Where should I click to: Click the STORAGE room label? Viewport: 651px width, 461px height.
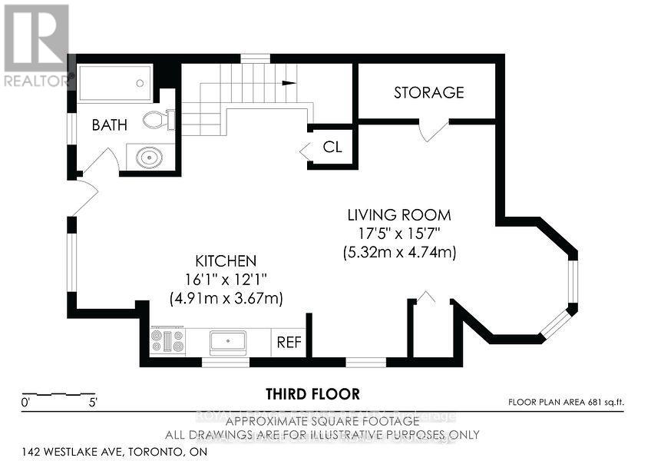pyautogui.click(x=428, y=93)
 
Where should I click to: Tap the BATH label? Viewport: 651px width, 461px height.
pyautogui.click(x=110, y=124)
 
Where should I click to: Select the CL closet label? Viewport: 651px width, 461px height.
pyautogui.click(x=332, y=147)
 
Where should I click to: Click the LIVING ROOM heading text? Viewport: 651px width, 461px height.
pyautogui.click(x=398, y=215)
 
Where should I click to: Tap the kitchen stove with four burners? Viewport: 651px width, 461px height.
pyautogui.click(x=167, y=341)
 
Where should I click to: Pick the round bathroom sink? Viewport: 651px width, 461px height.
pyautogui.click(x=147, y=158)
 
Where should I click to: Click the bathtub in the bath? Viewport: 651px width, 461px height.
pyautogui.click(x=115, y=83)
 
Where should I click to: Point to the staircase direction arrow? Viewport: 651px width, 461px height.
pyautogui.click(x=288, y=83)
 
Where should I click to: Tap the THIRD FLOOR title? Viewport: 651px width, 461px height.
pyautogui.click(x=312, y=394)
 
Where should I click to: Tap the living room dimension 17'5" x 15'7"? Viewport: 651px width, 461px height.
pyautogui.click(x=399, y=234)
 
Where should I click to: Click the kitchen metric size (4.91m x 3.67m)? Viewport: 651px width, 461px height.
pyautogui.click(x=226, y=298)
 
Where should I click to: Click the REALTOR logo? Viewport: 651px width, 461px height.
pyautogui.click(x=36, y=46)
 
